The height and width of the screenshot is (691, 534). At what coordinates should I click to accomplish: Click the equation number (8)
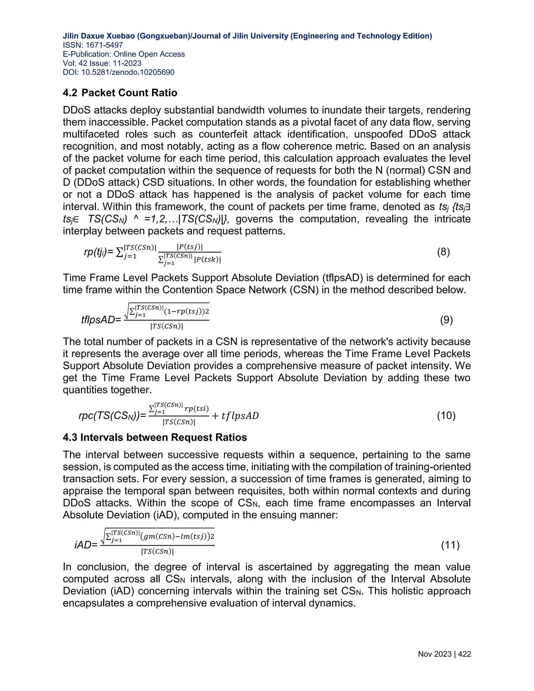pyautogui.click(x=443, y=252)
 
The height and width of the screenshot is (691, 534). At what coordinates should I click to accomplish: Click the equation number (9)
pyautogui.click(x=446, y=320)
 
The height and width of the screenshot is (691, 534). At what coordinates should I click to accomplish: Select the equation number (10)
pyautogui.click(x=446, y=415)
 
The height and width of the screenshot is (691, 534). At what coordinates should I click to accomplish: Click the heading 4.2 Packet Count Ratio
pyautogui.click(x=120, y=93)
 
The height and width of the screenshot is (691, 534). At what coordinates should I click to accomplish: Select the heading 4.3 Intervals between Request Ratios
pyautogui.click(x=155, y=437)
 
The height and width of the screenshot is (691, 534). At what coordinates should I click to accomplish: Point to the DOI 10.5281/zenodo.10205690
pyautogui.click(x=128, y=72)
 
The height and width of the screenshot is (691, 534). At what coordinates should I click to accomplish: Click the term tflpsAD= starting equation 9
pyautogui.click(x=101, y=320)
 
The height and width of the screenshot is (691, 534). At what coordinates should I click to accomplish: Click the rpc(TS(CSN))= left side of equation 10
pyautogui.click(x=112, y=415)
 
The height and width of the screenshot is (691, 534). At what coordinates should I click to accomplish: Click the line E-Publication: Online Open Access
pyautogui.click(x=124, y=54)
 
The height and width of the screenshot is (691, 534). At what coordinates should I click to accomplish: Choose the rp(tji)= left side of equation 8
pyautogui.click(x=98, y=252)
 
